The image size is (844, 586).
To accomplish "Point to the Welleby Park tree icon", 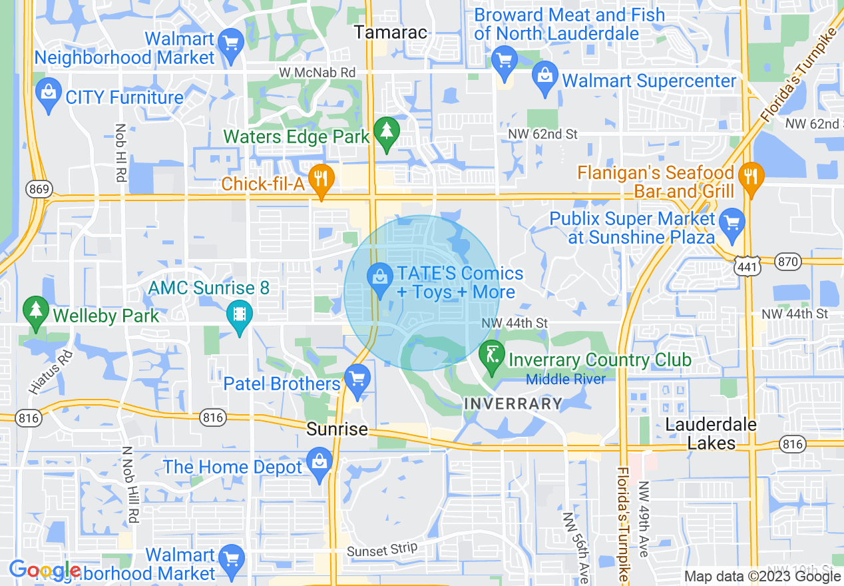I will [x=35, y=310].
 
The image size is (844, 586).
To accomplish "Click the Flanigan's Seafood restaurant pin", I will [x=751, y=176].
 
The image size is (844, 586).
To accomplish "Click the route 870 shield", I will [x=788, y=262].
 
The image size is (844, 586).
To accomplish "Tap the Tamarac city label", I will [x=390, y=32].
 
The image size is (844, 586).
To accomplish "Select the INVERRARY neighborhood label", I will [x=513, y=404].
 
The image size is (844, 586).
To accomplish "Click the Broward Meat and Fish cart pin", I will [x=504, y=59].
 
